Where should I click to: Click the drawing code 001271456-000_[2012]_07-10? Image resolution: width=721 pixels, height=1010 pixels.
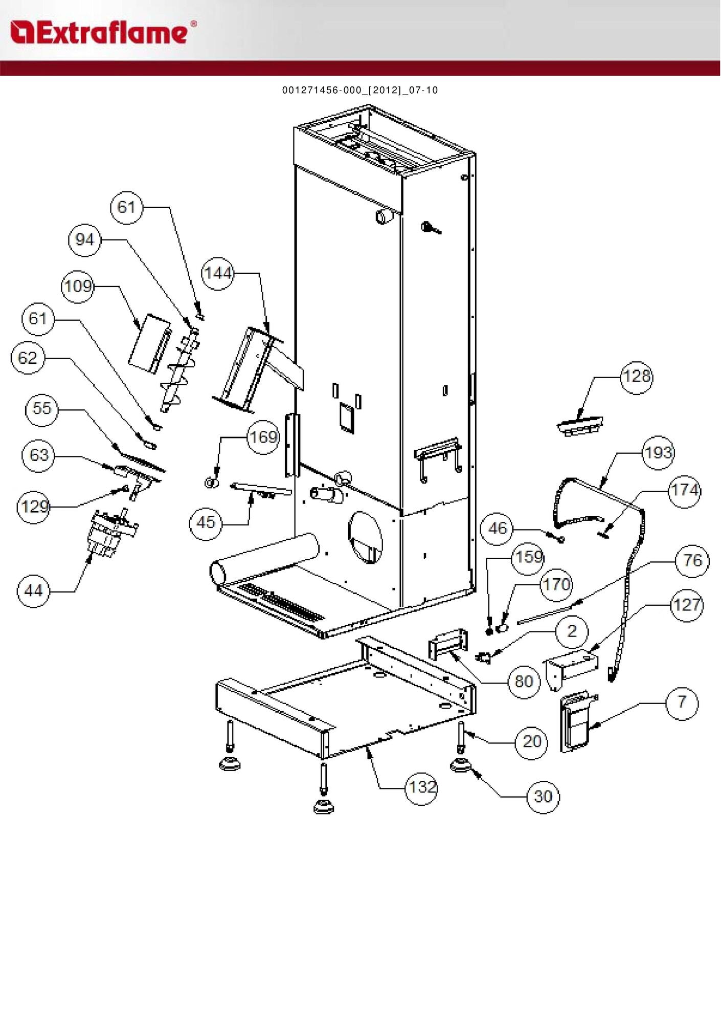pos(360,91)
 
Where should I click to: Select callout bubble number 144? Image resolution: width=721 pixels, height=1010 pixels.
pos(218,274)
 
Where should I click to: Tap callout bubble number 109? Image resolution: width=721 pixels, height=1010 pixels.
pos(78,286)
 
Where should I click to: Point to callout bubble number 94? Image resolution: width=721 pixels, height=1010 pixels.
pos(85,240)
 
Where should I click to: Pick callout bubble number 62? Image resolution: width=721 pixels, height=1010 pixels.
pos(28,358)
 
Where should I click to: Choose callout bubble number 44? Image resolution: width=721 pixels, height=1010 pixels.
pos(34,591)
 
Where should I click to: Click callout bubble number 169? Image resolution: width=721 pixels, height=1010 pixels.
pos(263,437)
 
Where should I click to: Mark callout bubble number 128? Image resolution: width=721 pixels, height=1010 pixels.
pos(637,377)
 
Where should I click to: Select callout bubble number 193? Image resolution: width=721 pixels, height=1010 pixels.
pos(659,453)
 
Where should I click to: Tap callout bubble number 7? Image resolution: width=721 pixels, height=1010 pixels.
pos(682,702)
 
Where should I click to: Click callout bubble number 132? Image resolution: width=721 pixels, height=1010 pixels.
pos(422,787)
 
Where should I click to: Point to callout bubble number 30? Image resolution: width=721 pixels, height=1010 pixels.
pos(543,797)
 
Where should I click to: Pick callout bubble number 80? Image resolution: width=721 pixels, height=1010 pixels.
pos(524,682)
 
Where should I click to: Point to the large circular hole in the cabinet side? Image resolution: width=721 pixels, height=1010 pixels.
pos(365,537)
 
